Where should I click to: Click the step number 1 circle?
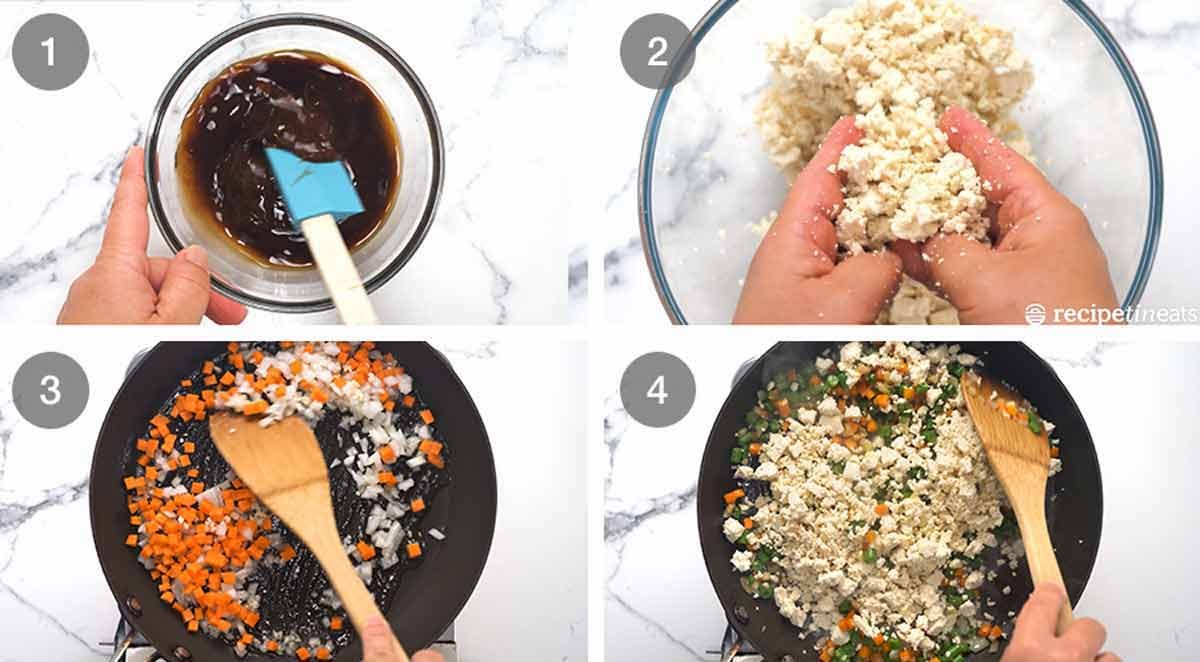click(x=50, y=52)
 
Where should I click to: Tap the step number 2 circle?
click(x=657, y=51)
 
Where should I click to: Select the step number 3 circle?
click(x=50, y=390)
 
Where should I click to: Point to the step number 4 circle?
click(x=657, y=389)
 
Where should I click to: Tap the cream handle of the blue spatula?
click(x=339, y=268)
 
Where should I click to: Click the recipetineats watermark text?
click(x=1112, y=314)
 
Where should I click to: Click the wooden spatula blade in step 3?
click(x=271, y=461)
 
